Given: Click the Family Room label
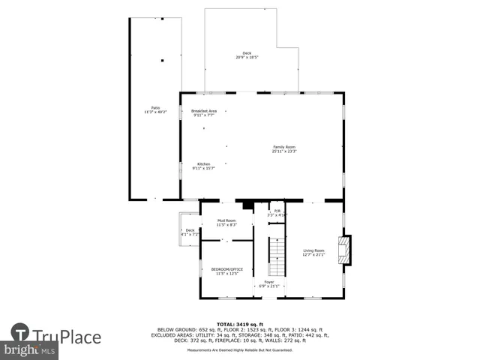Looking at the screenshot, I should click(x=284, y=147).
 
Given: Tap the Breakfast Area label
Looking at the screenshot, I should click(x=204, y=111).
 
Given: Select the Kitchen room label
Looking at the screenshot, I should click(x=204, y=164).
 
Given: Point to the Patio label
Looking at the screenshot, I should click(x=155, y=107).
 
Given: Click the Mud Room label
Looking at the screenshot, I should click(x=226, y=220).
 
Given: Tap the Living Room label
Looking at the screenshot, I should click(x=313, y=250).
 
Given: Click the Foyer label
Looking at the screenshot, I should click(x=268, y=282).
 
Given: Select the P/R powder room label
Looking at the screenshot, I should click(x=277, y=211).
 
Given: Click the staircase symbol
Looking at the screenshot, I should click(x=277, y=256).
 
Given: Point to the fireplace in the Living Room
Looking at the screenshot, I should click(x=345, y=250).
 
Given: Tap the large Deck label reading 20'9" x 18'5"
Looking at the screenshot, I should click(x=247, y=52).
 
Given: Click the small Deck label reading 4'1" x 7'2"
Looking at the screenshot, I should click(x=190, y=230).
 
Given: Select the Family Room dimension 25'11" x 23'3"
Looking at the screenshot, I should click(x=284, y=151).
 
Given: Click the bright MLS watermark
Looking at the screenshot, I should click(x=29, y=350).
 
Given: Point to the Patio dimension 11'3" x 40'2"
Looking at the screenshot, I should click(x=155, y=112).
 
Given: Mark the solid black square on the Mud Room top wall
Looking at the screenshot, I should click(x=246, y=203).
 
